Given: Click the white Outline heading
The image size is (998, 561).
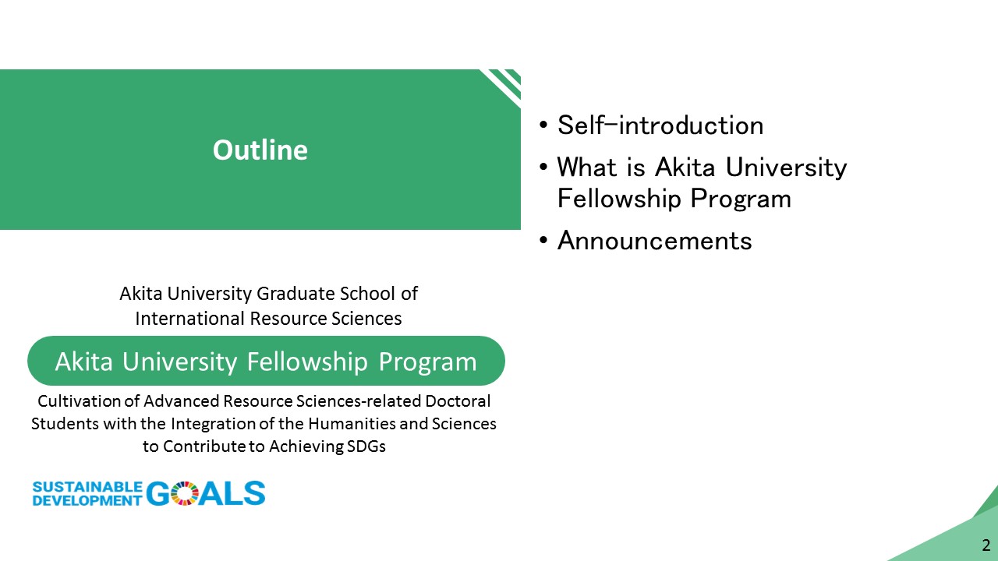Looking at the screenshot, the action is [260, 150].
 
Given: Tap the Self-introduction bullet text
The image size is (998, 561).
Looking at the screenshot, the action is [660, 125].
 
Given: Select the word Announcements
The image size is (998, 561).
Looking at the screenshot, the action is [654, 241].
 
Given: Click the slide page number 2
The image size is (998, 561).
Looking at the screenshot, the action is [986, 545].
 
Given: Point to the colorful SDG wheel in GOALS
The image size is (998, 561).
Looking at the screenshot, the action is [185, 493].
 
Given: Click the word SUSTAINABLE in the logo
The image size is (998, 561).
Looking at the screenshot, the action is [87, 487].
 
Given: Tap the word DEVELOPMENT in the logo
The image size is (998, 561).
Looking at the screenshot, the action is [87, 500].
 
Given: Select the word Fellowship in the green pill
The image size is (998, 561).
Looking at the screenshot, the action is [307, 361].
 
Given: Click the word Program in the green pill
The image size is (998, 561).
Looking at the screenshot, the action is [428, 362].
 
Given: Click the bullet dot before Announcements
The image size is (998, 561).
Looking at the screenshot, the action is [543, 241].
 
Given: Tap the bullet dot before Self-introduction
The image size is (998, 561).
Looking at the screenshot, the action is [543, 125].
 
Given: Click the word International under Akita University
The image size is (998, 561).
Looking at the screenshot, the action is [190, 319].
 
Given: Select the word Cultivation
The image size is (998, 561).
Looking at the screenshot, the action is [80, 401].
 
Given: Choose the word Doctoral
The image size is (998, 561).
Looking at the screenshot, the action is [458, 401].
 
